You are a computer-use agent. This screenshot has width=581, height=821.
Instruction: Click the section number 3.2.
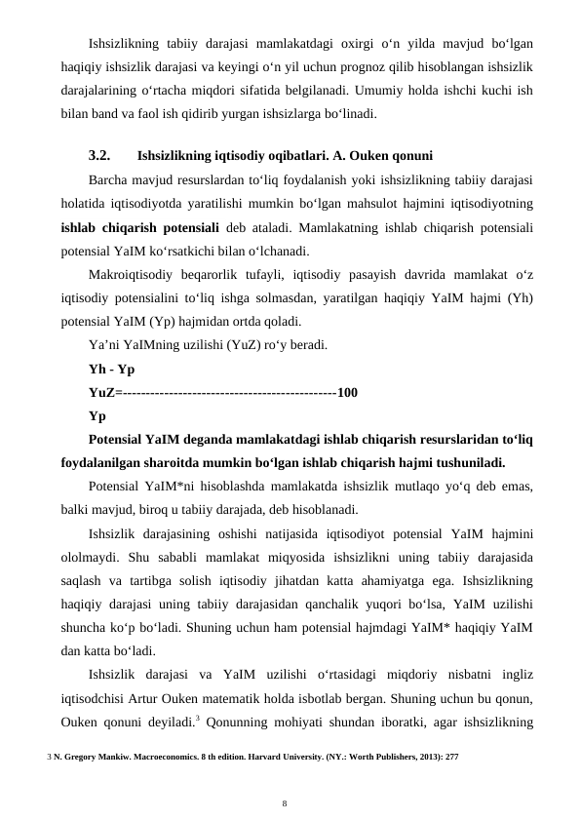point(101,155)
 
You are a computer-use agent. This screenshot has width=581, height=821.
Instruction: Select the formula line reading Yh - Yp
point(111,371)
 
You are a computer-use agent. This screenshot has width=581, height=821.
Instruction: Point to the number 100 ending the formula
point(347,393)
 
